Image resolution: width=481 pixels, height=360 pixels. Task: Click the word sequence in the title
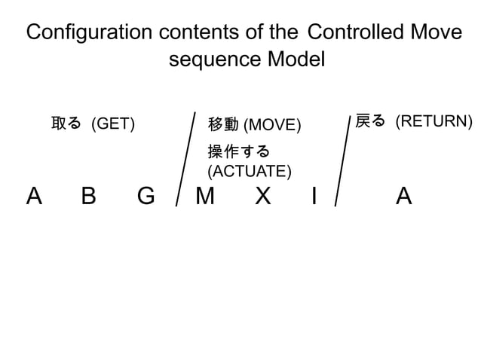[213, 59]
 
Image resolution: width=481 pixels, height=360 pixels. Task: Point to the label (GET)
[113, 124]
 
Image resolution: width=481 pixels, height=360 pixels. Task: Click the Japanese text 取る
[66, 123]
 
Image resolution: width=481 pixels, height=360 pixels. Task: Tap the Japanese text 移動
[223, 124]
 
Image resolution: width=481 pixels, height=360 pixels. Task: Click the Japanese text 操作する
[238, 151]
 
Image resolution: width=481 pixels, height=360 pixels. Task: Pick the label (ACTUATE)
[250, 171]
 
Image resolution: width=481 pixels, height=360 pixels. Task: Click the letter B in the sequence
[89, 197]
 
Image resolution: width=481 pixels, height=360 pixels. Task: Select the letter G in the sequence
[146, 197]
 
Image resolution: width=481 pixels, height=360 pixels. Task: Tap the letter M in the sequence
[204, 197]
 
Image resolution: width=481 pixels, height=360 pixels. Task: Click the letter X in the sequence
[262, 197]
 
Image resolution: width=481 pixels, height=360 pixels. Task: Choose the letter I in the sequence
[314, 197]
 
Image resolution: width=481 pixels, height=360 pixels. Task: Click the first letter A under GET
[33, 197]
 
